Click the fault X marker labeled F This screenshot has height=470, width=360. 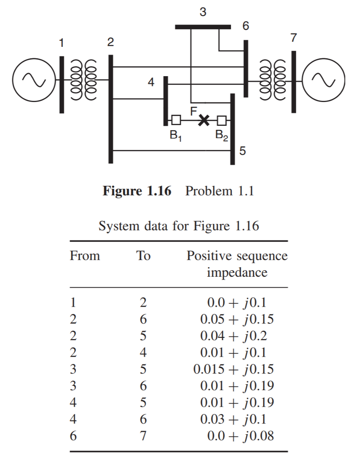pos(204,121)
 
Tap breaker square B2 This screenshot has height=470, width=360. pos(222,121)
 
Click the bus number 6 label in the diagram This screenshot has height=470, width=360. pos(246,27)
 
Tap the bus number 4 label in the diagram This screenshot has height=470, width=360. pos(151,83)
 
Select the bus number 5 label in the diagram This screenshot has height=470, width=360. pos(243,150)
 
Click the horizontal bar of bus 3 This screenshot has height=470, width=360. pos(203,27)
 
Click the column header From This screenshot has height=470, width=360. pos(85,256)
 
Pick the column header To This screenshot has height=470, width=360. pos(144,256)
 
